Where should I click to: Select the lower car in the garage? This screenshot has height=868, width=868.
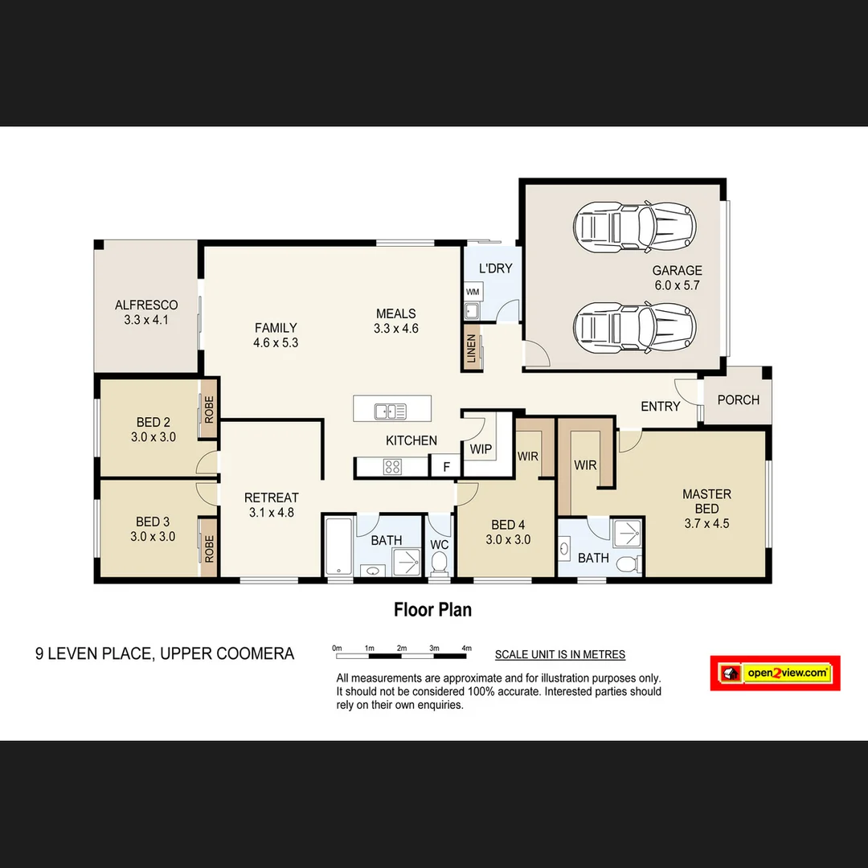point(634,325)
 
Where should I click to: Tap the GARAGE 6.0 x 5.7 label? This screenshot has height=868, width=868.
point(677,278)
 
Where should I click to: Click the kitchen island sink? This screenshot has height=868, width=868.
point(391,411)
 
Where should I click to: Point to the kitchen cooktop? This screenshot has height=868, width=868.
point(393,466)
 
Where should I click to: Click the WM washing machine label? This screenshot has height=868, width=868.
point(472,292)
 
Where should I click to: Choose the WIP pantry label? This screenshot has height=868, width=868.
point(481,449)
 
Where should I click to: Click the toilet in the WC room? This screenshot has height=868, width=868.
point(439,566)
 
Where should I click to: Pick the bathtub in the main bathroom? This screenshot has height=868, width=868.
point(338,547)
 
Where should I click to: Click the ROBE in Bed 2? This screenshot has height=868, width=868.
point(209,411)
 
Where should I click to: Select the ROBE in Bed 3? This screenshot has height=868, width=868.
point(209,549)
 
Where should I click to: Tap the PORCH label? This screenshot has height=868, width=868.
point(738,399)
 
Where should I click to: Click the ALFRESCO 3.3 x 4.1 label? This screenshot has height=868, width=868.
point(146,312)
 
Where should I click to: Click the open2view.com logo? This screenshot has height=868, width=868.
point(776,673)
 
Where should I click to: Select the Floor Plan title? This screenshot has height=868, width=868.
point(432,610)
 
